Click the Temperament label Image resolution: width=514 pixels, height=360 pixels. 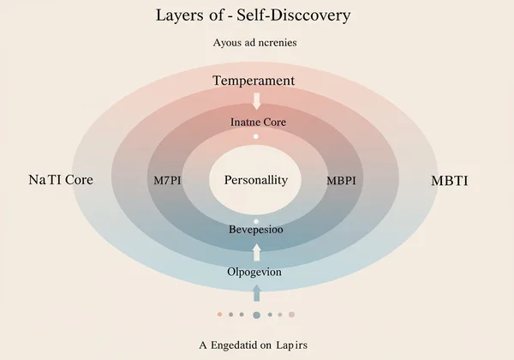(x=254, y=81)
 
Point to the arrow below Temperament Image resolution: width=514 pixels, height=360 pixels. (x=256, y=100)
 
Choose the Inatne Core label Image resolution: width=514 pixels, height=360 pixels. (x=257, y=123)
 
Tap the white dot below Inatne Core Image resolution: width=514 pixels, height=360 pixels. (x=256, y=137)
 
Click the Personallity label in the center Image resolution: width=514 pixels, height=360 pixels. (x=256, y=181)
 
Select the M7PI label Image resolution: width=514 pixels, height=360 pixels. (x=167, y=181)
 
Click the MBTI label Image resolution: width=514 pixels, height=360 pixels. (x=455, y=181)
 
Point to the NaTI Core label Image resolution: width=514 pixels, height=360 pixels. (x=60, y=181)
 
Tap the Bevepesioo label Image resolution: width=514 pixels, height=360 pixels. (x=257, y=230)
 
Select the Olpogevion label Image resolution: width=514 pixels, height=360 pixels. (x=256, y=272)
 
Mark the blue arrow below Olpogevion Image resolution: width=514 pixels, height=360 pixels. (x=256, y=295)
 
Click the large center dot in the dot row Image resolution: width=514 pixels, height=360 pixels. (x=256, y=315)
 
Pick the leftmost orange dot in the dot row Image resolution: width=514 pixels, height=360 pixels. (x=220, y=315)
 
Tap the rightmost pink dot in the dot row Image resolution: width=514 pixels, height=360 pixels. (x=292, y=315)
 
